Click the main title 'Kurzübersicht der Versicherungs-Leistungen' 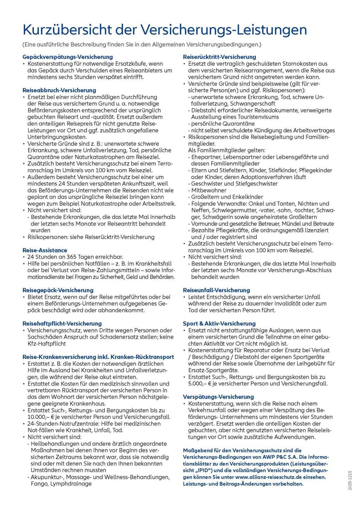point(165,30)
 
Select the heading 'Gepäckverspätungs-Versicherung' point(68,57)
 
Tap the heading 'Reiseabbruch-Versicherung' point(59,90)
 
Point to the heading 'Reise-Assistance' point(45,250)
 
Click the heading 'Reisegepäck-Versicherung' point(58,290)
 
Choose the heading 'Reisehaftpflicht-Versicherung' point(62,323)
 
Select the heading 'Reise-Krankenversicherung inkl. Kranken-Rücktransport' point(98,357)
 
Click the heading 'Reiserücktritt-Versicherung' point(220,57)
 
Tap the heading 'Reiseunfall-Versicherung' point(216,290)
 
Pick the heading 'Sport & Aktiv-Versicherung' point(219,323)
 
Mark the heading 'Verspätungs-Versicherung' point(218,397)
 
